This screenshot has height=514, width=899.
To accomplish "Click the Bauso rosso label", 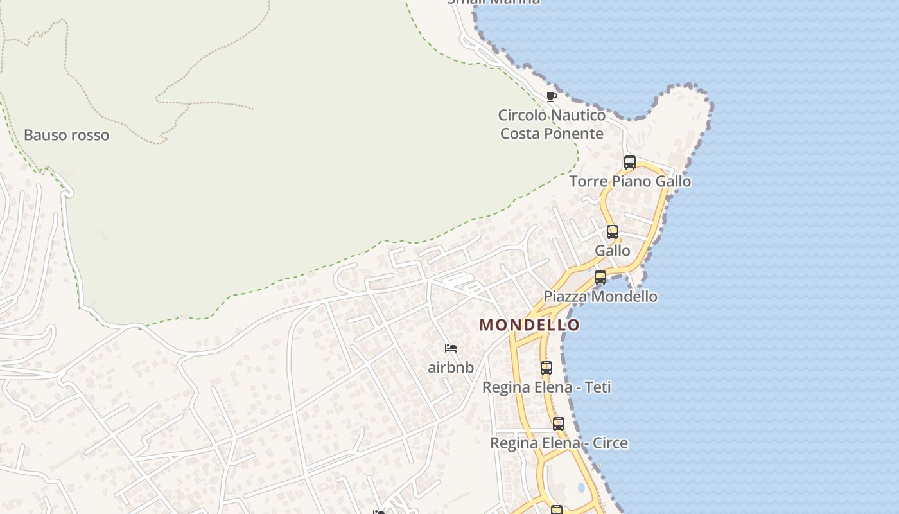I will click(66, 136).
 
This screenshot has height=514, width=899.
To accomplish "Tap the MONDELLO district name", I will click(529, 325).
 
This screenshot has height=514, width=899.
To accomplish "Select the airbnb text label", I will click(451, 368).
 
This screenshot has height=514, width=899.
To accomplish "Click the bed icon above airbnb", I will click(451, 348).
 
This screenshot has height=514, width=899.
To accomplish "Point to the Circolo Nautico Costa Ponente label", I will click(552, 125).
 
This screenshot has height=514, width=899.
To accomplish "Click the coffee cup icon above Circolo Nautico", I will click(551, 96).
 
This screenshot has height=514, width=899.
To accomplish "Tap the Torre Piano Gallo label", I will click(630, 181).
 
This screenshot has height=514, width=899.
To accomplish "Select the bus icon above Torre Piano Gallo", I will click(630, 163).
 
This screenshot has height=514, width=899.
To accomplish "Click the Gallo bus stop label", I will click(613, 251).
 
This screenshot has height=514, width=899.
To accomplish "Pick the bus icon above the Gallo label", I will click(613, 232).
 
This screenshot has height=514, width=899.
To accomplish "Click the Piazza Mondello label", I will click(600, 296).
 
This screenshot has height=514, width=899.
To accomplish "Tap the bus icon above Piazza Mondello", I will click(600, 278).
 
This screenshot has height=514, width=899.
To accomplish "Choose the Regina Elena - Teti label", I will click(546, 387).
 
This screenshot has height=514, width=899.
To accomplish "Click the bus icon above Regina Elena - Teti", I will click(546, 368).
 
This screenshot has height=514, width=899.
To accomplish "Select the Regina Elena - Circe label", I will click(559, 443).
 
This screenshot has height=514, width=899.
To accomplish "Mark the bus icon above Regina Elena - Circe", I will click(559, 424).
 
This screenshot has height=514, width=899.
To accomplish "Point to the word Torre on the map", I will click(588, 181).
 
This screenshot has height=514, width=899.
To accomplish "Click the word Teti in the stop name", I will click(597, 387).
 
